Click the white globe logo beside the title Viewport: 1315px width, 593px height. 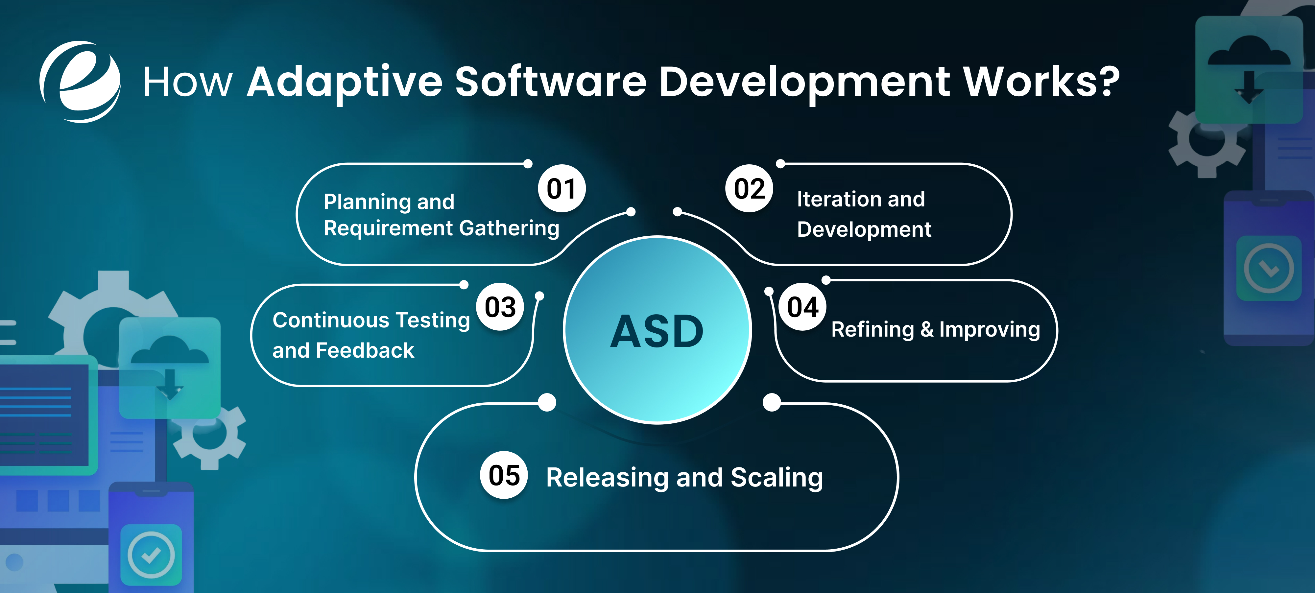(80, 82)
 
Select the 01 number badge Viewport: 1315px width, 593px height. (562, 189)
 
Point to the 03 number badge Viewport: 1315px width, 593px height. (500, 307)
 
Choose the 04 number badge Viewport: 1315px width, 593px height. (802, 307)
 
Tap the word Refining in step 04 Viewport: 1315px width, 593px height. (873, 330)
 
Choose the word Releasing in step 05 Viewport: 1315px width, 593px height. (607, 478)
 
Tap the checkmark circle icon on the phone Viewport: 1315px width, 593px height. (151, 555)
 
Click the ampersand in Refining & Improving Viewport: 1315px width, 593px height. (926, 330)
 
